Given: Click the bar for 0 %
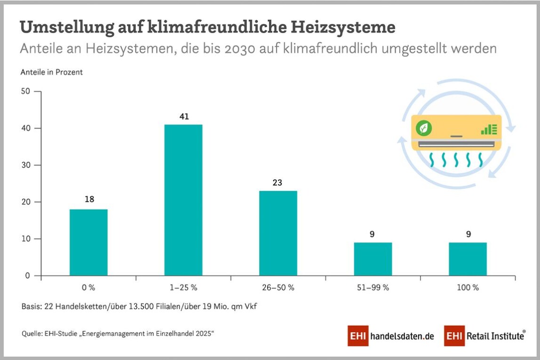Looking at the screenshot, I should pos(88,242).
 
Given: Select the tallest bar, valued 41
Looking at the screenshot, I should pos(183,200).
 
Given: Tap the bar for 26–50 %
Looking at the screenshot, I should pos(278,233).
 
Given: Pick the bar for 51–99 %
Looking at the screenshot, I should pos(373,259).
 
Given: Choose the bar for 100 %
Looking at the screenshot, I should pos(468,259).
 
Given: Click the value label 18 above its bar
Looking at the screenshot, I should pos(89,200).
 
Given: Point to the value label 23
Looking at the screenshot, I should pos(278,183).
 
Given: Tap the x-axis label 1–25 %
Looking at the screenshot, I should pos(183,288).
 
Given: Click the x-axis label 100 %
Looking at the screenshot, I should pos(468,288).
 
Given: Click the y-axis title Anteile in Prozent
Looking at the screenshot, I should pos(52,72).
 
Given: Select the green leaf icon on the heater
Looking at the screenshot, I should pos(424,128).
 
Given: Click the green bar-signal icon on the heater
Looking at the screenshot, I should pos(489,128).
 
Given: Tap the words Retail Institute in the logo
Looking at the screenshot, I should pos(495,336).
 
